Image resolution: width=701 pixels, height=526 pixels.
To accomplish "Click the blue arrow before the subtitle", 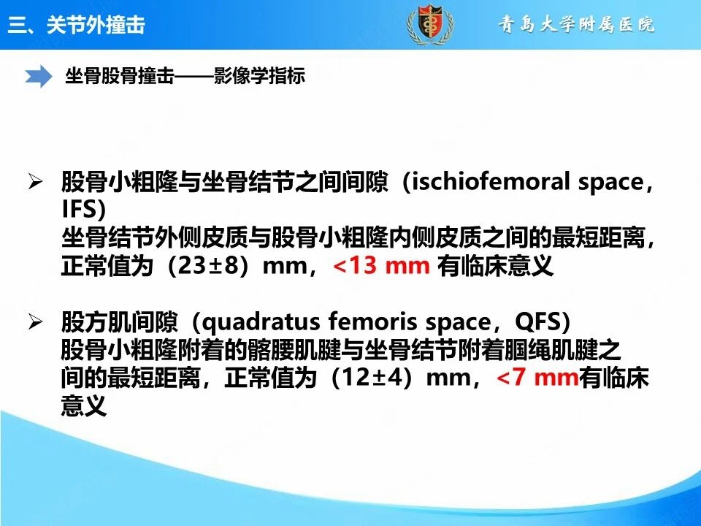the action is [39, 76].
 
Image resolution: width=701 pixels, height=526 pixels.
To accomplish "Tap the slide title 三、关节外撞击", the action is [77, 24].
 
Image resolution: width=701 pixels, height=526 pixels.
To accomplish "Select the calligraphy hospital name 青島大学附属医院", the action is [576, 24].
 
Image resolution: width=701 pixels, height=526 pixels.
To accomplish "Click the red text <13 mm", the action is [381, 265].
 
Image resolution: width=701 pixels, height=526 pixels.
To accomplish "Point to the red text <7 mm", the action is [537, 377].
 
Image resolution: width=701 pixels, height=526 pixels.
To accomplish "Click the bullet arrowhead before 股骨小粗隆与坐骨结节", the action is [35, 182].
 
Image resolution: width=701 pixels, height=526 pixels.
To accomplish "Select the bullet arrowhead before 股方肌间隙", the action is [35, 321].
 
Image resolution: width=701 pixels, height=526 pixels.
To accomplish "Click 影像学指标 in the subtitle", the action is [259, 76].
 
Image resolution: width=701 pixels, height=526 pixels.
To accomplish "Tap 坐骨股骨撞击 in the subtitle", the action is [119, 76].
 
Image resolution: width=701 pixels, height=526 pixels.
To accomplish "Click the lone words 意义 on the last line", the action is [84, 405].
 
